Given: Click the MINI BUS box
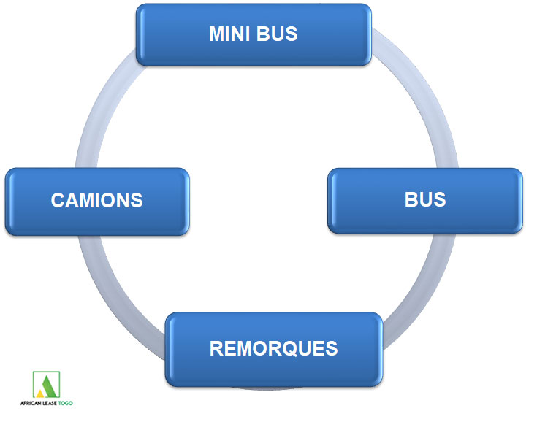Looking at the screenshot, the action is pyautogui.click(x=254, y=34).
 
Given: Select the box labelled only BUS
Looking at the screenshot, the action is pyautogui.click(x=425, y=201).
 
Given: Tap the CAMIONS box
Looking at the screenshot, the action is pyautogui.click(x=97, y=202).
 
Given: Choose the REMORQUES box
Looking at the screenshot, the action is pyautogui.click(x=274, y=350).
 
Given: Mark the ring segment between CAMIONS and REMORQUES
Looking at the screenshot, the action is pyautogui.click(x=113, y=302).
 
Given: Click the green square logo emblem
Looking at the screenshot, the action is pyautogui.click(x=46, y=385).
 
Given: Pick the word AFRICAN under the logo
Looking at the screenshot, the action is pyautogui.click(x=31, y=403).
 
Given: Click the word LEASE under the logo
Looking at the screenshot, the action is pyautogui.click(x=50, y=403).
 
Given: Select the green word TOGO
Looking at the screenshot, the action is pyautogui.click(x=66, y=403).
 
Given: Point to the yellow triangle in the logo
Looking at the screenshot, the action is pyautogui.click(x=40, y=394).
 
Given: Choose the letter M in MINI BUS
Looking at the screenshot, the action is pyautogui.click(x=218, y=34).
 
